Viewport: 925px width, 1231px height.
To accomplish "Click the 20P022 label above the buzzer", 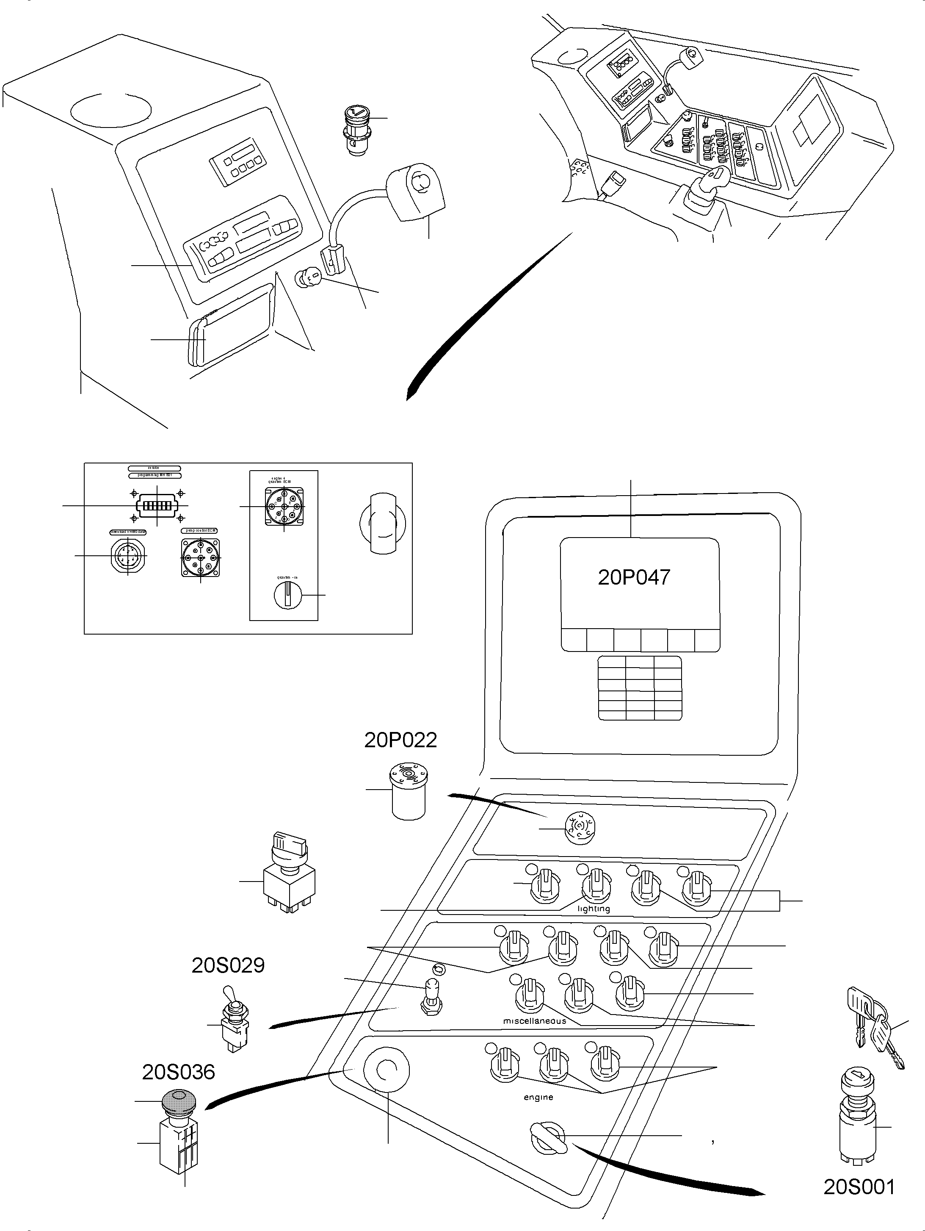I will click(400, 740).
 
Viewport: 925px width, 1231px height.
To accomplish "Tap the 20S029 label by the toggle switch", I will click(228, 965).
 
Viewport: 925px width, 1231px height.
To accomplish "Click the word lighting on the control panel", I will click(594, 909).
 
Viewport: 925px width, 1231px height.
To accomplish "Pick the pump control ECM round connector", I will click(200, 557).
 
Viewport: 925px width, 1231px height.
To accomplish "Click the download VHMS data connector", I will click(128, 556).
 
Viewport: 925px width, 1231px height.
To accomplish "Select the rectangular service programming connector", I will click(157, 505).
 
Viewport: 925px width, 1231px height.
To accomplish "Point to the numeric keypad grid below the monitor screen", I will click(640, 688).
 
